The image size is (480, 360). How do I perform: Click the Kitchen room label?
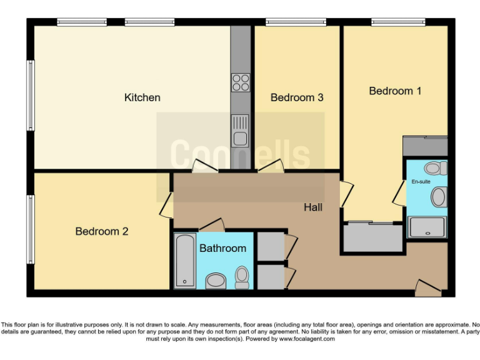[x=142, y=97]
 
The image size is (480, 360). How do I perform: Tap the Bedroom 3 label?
[x=296, y=97]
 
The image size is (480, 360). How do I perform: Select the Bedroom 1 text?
[x=395, y=91]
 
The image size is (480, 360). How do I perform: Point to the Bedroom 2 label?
[x=102, y=231]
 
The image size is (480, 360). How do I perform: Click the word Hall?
[x=313, y=207]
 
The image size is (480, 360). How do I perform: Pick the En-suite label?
[x=421, y=182]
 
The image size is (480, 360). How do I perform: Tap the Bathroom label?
[x=222, y=248]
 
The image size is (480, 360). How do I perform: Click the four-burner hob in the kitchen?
[x=241, y=82]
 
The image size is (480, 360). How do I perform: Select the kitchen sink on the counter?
[x=240, y=131]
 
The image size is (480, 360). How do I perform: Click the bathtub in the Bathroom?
[x=185, y=261]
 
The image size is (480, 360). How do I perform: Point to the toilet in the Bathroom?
[x=242, y=277]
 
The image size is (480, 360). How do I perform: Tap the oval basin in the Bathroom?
[x=216, y=281]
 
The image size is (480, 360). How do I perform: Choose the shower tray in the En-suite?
[x=427, y=227]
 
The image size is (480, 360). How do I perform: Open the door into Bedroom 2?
[x=166, y=205]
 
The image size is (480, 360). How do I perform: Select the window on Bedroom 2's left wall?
[x=29, y=229]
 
